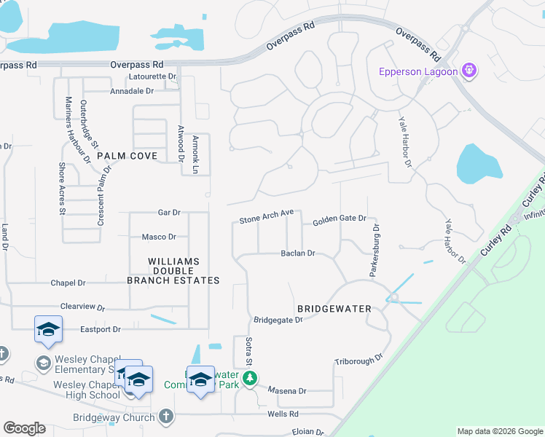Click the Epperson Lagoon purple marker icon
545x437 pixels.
[x=468, y=71]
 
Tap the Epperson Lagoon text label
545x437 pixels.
[x=418, y=71]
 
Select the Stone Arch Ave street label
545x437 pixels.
[x=267, y=216]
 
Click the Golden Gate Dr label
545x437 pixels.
[x=339, y=220]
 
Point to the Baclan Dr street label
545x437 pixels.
[x=298, y=253]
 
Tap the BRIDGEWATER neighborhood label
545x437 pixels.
[x=334, y=309]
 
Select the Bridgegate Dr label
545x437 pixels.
[x=278, y=320]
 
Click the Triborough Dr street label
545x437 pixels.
[x=358, y=361]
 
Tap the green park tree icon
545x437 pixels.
[x=250, y=378]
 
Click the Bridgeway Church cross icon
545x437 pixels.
[x=166, y=417]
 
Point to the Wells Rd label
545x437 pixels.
[x=283, y=414]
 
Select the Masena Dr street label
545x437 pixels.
[x=287, y=390]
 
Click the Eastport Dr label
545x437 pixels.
[x=101, y=329]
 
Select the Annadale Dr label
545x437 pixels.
[x=132, y=91]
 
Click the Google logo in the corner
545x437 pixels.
[x=24, y=428]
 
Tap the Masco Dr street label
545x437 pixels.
[x=159, y=237]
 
